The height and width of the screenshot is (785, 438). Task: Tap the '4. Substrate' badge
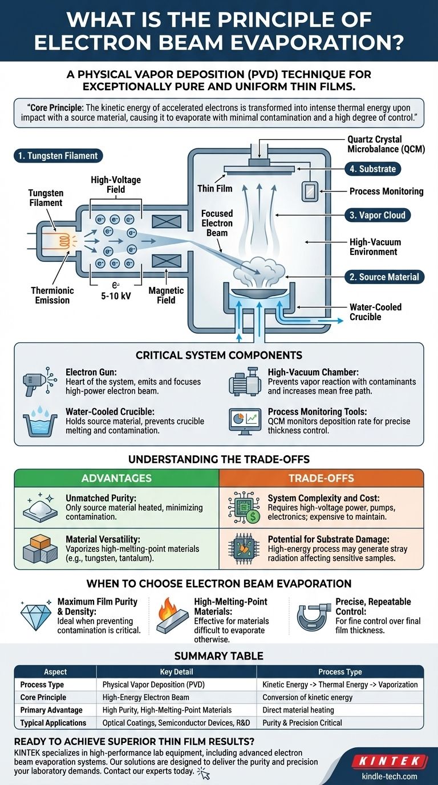(x=373, y=169)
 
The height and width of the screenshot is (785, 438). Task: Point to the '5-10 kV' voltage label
(x=114, y=297)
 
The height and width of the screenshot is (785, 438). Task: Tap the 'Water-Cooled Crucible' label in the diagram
(x=375, y=311)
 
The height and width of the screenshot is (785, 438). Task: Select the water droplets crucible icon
(x=40, y=421)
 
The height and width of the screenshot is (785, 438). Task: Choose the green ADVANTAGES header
(x=116, y=478)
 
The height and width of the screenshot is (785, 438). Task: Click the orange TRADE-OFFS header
(x=321, y=478)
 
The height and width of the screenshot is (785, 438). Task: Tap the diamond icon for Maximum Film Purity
(x=35, y=616)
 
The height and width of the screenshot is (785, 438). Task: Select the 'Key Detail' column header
(x=176, y=672)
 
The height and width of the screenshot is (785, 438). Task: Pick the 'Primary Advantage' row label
(x=51, y=710)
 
